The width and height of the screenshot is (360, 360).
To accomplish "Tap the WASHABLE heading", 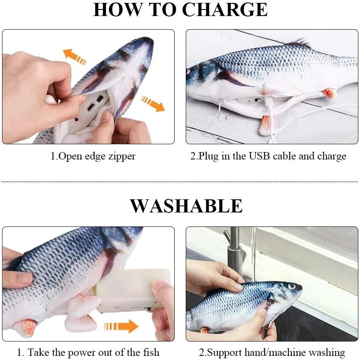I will [x=186, y=205].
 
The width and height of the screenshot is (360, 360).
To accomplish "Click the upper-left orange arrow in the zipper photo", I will [x=74, y=57].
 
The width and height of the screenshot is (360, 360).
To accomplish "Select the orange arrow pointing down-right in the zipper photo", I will [x=152, y=104].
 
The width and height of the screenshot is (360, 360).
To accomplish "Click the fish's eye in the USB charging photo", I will [x=189, y=72].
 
